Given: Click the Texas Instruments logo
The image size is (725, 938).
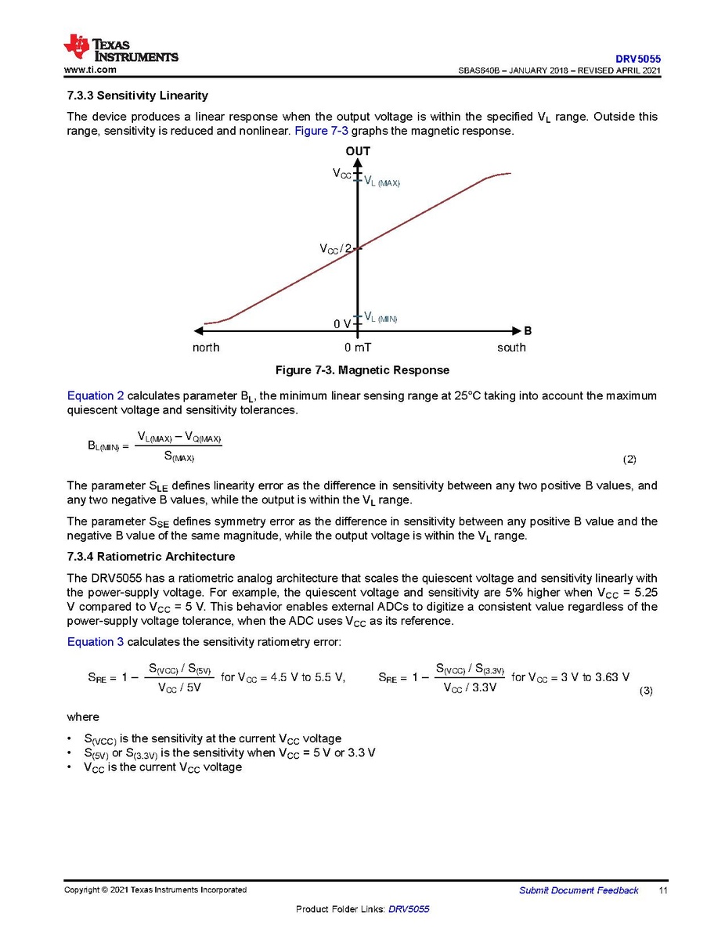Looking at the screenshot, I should [121, 49].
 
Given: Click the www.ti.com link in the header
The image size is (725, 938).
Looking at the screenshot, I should [90, 70].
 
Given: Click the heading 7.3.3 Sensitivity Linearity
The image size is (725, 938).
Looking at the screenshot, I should [138, 96].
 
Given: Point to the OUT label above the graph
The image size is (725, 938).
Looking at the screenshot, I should [358, 151].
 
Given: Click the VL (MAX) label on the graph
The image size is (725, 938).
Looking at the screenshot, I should [382, 182].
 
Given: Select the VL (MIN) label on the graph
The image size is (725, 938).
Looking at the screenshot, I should [381, 318].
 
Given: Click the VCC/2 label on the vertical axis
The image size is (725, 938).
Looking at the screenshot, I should [335, 249].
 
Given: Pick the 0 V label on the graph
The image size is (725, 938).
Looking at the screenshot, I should [342, 324].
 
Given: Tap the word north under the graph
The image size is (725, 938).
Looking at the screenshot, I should [206, 348].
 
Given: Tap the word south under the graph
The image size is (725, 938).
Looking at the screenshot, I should [511, 348].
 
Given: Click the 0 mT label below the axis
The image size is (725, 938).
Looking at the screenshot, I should [358, 348].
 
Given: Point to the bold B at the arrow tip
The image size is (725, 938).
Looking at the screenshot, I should [528, 331].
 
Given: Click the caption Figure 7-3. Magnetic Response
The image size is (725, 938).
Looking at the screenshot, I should [362, 370].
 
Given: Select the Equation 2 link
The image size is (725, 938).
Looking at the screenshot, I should [96, 396].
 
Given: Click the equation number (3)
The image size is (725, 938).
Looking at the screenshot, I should [646, 691].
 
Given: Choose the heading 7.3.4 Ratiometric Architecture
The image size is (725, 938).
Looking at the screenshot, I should [151, 557].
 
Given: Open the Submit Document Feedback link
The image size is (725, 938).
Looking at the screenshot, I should [579, 890].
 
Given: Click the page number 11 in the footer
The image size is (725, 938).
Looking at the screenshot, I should [662, 890].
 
